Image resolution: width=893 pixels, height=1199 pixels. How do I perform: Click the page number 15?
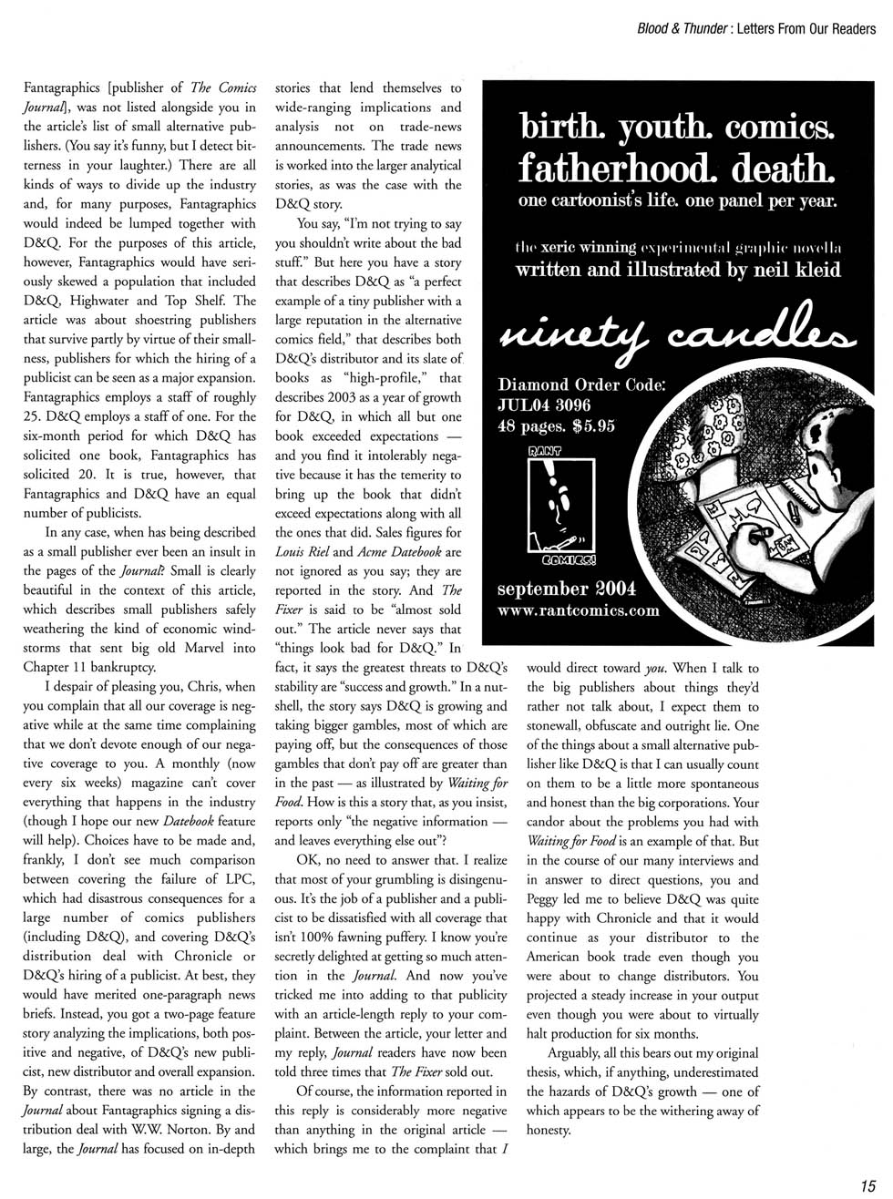click(867, 1185)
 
